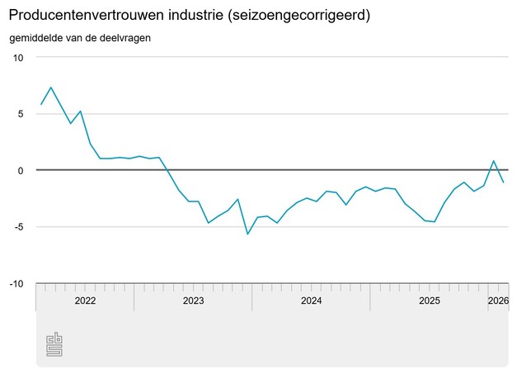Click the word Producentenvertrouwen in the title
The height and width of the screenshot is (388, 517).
pos(83,16)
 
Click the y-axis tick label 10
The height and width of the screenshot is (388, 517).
pos(18,58)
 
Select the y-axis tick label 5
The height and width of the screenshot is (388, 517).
pos(21,114)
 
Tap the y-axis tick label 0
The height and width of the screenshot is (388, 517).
pos(21,170)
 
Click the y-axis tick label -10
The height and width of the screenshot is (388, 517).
pos(16,284)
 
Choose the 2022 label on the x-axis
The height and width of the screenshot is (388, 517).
pos(85,301)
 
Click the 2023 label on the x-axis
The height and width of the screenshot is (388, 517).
pos(193,301)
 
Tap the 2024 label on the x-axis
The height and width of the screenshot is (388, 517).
pos(311,301)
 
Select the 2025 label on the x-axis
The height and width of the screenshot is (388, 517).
pos(429,301)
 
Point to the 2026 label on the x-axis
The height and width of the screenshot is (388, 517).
pos(498,301)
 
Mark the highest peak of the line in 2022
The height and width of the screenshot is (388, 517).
pos(51,88)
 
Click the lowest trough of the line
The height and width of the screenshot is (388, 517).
pos(247,234)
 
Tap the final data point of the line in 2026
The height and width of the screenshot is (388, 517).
pos(503,182)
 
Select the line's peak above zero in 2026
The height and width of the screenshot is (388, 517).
pos(493,161)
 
